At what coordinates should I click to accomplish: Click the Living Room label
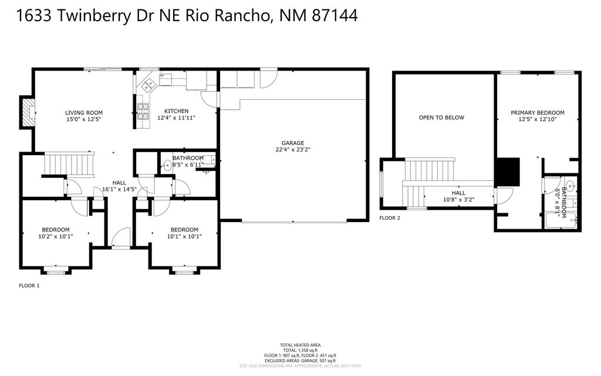click(x=83, y=113)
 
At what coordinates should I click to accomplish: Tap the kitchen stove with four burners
click(x=143, y=111)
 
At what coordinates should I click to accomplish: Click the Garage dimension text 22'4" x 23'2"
click(x=292, y=149)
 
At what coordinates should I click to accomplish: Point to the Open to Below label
click(x=441, y=117)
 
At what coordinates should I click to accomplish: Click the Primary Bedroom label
click(x=537, y=113)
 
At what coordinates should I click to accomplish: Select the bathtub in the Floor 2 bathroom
click(x=561, y=222)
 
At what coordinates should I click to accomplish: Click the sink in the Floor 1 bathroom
click(x=167, y=165)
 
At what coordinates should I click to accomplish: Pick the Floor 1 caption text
click(x=29, y=286)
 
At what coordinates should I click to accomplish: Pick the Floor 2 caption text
click(x=390, y=218)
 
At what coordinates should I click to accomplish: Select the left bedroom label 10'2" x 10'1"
click(x=56, y=237)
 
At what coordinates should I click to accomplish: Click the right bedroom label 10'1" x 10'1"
click(x=184, y=237)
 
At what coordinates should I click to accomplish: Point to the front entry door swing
click(x=120, y=237)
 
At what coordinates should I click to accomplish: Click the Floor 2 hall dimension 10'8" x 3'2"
click(x=458, y=200)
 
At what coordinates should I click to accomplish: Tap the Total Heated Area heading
click(x=300, y=345)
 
